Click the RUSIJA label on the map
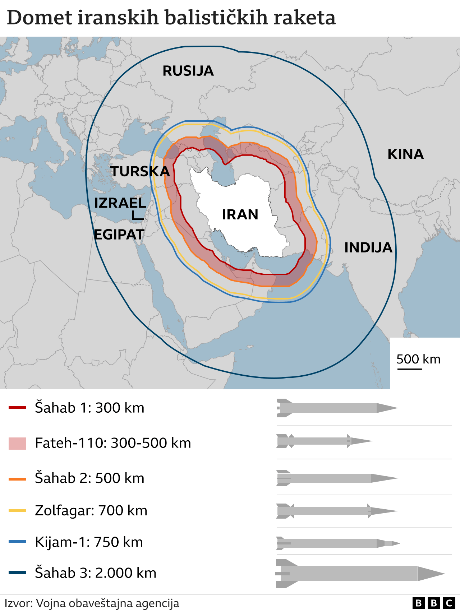(x=188, y=71)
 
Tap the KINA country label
(x=405, y=154)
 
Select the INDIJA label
(x=368, y=247)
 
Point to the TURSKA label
(x=140, y=171)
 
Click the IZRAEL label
(x=120, y=203)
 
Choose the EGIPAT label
(x=119, y=235)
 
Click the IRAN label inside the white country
(x=240, y=214)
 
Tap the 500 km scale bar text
(x=418, y=359)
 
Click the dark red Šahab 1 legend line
(x=17, y=407)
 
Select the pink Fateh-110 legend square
(x=17, y=443)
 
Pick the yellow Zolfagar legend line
(x=17, y=510)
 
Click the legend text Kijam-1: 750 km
(x=89, y=542)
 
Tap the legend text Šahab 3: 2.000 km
(x=96, y=573)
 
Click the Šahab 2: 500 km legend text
(x=89, y=478)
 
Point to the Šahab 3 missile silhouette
(x=359, y=573)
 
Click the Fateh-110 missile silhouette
(x=323, y=441)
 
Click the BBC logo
(x=434, y=603)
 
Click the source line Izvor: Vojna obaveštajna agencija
(x=92, y=603)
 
